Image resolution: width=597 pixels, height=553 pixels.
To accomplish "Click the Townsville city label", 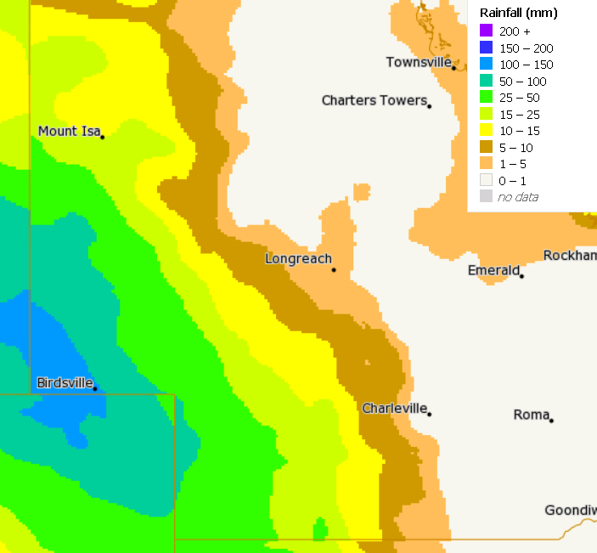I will (x=419, y=62).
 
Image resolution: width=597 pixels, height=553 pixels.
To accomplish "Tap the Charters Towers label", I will (x=374, y=100).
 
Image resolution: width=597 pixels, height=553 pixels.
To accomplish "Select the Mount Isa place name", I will (x=69, y=131).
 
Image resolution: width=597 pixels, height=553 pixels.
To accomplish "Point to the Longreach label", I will (x=298, y=258).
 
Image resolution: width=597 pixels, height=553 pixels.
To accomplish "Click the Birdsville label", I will (x=65, y=382).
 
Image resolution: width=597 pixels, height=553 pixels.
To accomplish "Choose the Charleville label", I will (x=394, y=409).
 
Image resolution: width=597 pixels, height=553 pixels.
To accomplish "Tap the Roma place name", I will (x=532, y=415).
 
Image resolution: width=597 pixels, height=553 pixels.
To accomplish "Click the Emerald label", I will (x=493, y=270).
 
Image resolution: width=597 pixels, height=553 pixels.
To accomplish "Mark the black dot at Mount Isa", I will (x=102, y=137).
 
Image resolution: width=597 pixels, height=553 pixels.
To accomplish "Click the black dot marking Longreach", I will (x=334, y=270).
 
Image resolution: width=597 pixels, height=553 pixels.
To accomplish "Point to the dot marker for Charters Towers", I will (x=430, y=106).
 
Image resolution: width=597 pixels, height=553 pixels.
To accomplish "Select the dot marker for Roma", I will (x=551, y=420).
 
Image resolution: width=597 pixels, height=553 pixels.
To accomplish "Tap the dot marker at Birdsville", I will (x=95, y=389).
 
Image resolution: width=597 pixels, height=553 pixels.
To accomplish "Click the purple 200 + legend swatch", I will (x=486, y=31).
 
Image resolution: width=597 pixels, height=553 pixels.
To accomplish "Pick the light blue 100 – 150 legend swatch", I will (x=486, y=65).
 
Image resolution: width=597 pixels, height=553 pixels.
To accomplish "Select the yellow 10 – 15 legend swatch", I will (x=486, y=131).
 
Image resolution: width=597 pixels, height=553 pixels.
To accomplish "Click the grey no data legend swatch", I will (x=486, y=197).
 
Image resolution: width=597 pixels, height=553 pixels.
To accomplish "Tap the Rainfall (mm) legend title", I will (x=518, y=13).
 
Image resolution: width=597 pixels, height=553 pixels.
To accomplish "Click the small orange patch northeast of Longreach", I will (x=362, y=192).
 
